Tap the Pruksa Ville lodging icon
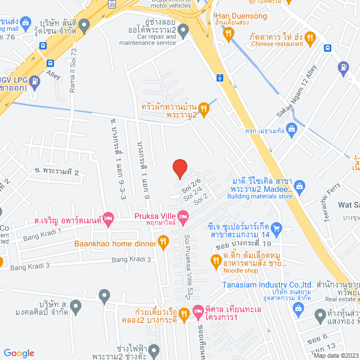click(x=183, y=216)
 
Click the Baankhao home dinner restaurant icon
click(x=164, y=242)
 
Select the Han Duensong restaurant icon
click(x=228, y=34)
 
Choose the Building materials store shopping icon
click(x=299, y=186)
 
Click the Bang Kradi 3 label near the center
click(x=131, y=259)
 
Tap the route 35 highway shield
click(x=112, y=4)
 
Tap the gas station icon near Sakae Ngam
click(x=343, y=69)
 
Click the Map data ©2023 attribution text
click(x=335, y=355)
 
